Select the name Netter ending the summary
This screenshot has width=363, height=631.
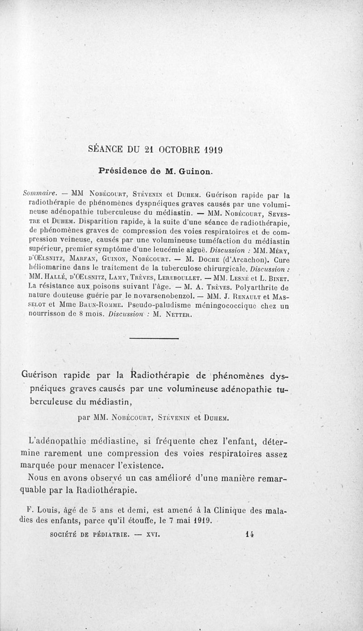[x=167, y=314]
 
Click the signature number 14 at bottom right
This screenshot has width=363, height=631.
[x=248, y=535]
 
